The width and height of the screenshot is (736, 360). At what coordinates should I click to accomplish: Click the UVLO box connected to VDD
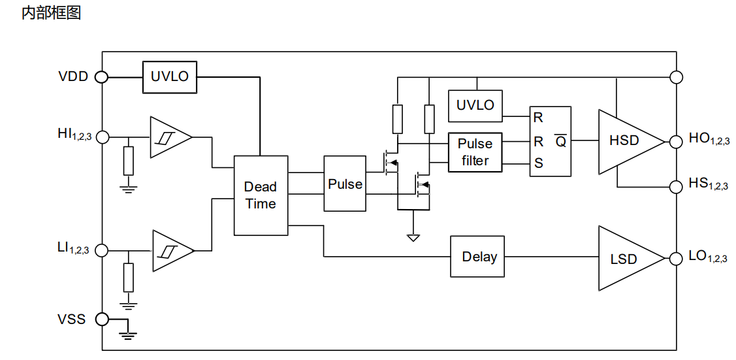[169, 76]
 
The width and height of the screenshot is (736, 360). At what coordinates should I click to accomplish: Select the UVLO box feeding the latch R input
[475, 105]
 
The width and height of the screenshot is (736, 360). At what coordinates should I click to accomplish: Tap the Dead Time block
[261, 195]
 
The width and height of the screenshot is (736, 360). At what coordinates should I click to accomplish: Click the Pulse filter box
[475, 152]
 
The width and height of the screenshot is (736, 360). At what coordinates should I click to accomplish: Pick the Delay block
[478, 257]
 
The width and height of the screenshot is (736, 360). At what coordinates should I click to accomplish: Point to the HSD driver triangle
[632, 141]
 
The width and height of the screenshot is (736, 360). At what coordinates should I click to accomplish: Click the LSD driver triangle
[632, 258]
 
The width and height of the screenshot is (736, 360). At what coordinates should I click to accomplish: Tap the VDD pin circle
[102, 76]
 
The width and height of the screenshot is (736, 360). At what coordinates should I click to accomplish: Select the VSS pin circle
[102, 319]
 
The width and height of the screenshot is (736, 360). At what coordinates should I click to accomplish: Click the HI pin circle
[102, 137]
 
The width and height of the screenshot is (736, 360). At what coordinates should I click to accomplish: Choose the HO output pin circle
[676, 141]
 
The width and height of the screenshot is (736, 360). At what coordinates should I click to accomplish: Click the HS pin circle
[676, 186]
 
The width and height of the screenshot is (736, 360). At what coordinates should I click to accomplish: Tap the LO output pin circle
[676, 258]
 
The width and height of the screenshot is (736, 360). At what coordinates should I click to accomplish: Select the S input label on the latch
[539, 163]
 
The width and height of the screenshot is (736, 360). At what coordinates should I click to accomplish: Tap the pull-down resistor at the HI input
[128, 161]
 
